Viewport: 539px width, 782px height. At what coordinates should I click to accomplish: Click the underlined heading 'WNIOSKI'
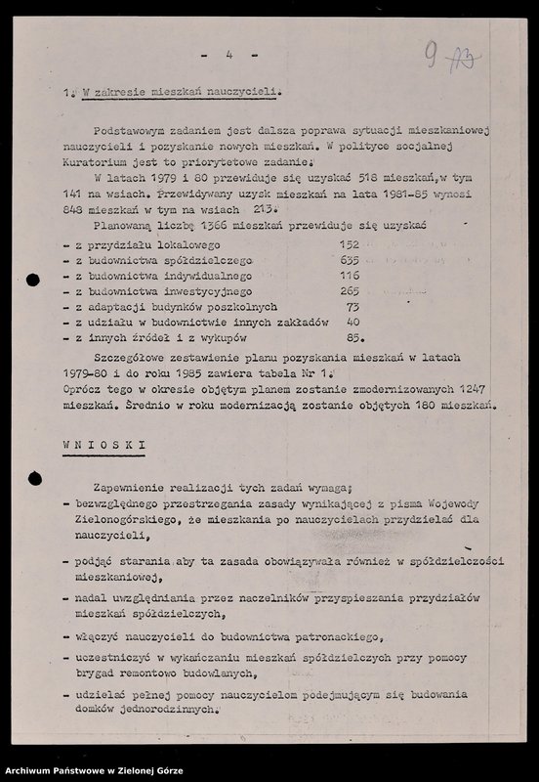pyautogui.click(x=104, y=445)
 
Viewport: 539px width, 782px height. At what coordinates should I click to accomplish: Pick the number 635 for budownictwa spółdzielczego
pyautogui.click(x=349, y=261)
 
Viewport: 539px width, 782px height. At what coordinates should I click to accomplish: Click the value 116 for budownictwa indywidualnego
pyautogui.click(x=349, y=277)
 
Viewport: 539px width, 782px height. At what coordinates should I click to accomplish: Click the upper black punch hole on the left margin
pyautogui.click(x=34, y=281)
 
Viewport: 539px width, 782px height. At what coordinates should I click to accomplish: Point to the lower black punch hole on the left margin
pyautogui.click(x=34, y=478)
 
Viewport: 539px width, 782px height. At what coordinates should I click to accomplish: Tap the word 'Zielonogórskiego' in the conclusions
pyautogui.click(x=123, y=520)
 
